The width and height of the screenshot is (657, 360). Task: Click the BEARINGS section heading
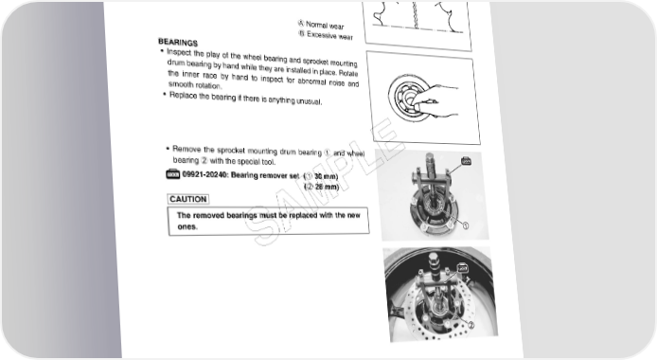point(178,43)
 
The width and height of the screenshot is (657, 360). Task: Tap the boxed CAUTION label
point(188,199)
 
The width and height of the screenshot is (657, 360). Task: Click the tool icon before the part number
point(172,173)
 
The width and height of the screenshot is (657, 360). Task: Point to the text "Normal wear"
point(325,26)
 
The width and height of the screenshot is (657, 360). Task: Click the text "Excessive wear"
point(329,36)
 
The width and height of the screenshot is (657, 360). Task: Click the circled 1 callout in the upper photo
point(465,225)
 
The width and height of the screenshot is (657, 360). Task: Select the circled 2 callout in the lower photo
point(471,325)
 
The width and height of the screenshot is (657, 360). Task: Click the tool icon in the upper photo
point(466,161)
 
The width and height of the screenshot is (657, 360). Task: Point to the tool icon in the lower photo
point(463,267)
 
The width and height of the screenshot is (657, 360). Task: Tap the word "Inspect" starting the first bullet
point(179,52)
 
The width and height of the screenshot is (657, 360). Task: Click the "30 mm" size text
point(325,176)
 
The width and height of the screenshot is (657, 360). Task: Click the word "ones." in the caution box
point(187,226)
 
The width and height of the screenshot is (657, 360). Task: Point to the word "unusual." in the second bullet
point(310,101)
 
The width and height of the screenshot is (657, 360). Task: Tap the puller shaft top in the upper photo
point(431,157)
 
